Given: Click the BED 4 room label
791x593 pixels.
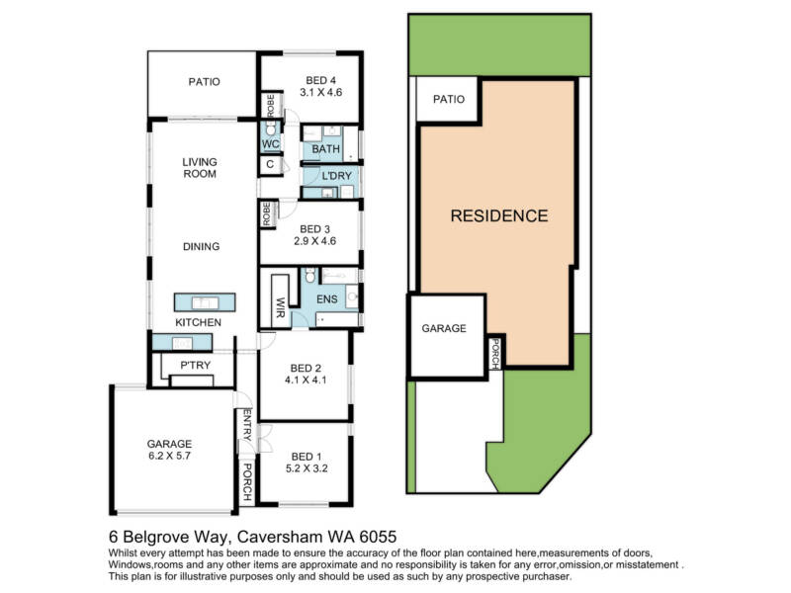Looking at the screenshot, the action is click(x=320, y=80).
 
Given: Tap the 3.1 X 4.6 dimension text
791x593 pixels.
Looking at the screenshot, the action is click(x=320, y=92).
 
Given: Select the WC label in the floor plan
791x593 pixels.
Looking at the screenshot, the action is click(x=270, y=144).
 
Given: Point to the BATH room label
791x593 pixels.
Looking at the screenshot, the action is click(x=326, y=149).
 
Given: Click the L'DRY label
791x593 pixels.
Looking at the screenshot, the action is click(x=336, y=176).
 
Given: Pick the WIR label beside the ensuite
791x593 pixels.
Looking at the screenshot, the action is click(x=280, y=307).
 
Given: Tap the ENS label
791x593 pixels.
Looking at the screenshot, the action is click(x=327, y=299).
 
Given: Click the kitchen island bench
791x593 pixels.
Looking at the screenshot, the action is click(x=205, y=302).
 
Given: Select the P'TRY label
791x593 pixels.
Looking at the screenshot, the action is click(x=195, y=365).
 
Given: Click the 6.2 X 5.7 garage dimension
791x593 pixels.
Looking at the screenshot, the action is click(x=169, y=456).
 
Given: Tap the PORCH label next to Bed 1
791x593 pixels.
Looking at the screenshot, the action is click(x=247, y=482).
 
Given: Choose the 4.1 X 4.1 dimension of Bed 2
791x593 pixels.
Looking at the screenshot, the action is click(x=306, y=381).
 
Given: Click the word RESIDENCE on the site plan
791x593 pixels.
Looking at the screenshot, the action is click(x=499, y=215).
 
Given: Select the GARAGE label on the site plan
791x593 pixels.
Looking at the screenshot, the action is click(x=444, y=328).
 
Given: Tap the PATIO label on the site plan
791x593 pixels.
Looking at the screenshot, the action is click(x=449, y=100).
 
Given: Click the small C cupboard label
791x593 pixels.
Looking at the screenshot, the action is click(x=270, y=164).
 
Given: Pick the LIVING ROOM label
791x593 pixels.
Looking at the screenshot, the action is click(x=200, y=168).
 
